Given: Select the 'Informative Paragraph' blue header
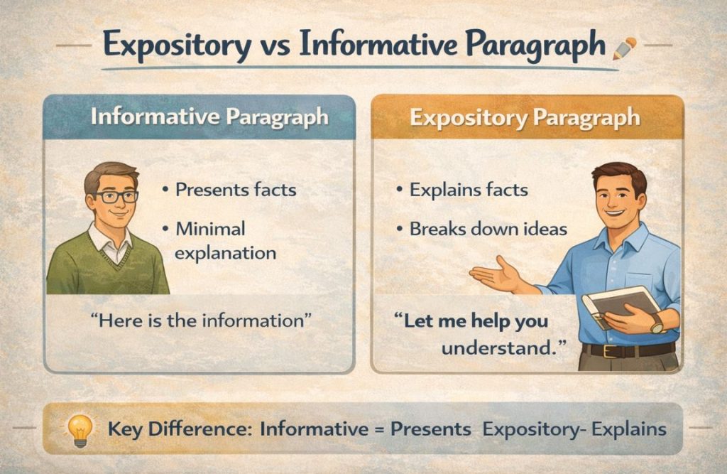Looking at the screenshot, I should click(x=209, y=117).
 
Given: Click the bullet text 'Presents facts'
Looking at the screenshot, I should click(x=235, y=190).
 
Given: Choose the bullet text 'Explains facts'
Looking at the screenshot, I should click(x=468, y=190).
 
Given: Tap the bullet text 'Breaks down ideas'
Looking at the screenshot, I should click(x=488, y=229).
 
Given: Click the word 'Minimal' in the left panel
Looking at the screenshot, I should click(x=210, y=229).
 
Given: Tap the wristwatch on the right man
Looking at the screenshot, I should click(x=656, y=324).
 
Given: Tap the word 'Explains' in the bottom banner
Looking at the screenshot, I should click(x=628, y=429).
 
